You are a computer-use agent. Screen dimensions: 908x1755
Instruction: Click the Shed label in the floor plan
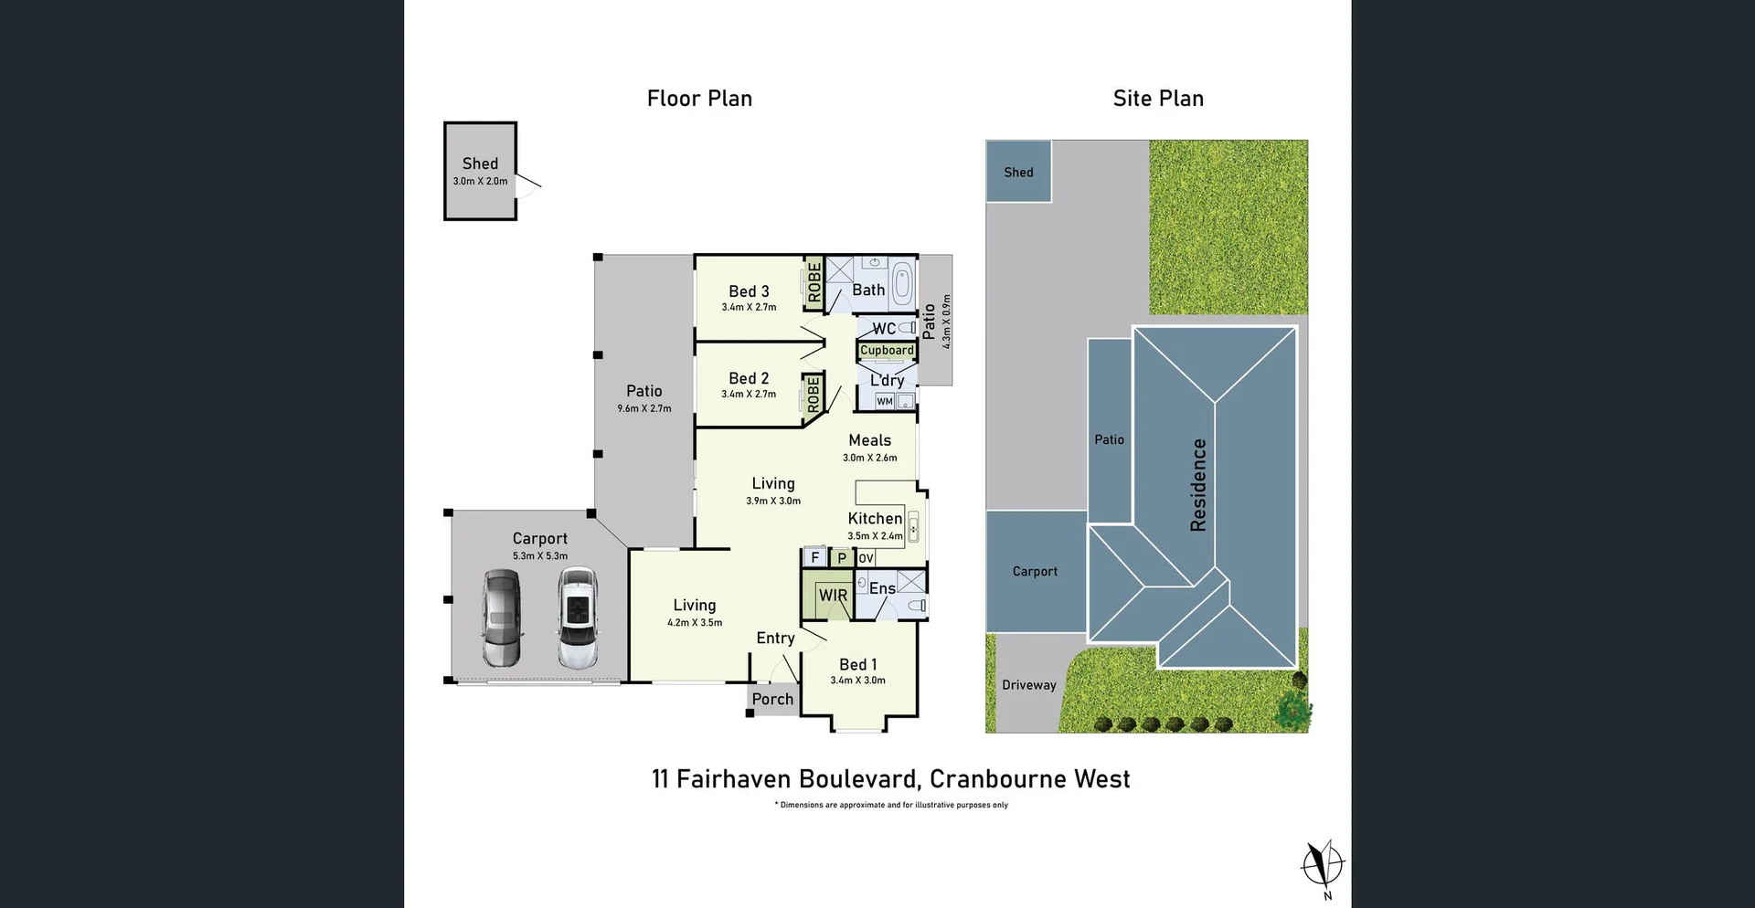(480, 164)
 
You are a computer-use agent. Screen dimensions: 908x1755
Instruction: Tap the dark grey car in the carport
(502, 618)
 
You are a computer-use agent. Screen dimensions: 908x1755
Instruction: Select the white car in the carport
(578, 618)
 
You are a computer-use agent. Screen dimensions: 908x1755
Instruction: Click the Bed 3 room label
(749, 291)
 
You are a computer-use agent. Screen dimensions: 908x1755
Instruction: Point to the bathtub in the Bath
(902, 283)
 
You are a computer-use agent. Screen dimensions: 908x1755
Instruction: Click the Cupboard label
(887, 351)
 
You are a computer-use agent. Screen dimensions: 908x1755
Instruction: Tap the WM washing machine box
(885, 401)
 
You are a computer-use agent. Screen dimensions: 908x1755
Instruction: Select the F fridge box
(814, 557)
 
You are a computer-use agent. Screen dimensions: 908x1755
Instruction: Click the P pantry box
(842, 557)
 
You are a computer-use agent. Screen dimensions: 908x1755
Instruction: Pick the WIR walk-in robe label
(833, 596)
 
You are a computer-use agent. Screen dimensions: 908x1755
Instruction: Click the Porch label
(772, 699)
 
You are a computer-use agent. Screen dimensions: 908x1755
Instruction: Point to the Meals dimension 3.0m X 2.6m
(869, 458)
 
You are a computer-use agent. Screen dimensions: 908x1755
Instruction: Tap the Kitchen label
(875, 518)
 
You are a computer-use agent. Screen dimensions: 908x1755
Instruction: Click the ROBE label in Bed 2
(813, 394)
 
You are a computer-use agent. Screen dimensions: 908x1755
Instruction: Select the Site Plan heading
(1158, 99)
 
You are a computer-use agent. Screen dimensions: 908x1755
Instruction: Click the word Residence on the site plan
(1198, 485)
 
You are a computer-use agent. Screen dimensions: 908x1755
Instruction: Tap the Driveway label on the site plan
(1028, 685)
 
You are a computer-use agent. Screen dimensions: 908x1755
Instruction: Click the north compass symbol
(1323, 864)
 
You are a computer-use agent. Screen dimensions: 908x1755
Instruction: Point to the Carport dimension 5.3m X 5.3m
(539, 555)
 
